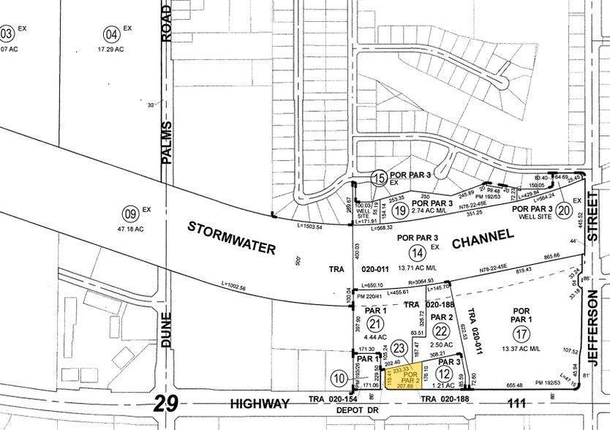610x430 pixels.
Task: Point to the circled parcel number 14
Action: click(417, 253)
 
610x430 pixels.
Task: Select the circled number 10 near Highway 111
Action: click(338, 378)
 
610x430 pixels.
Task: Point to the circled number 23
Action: click(399, 348)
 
